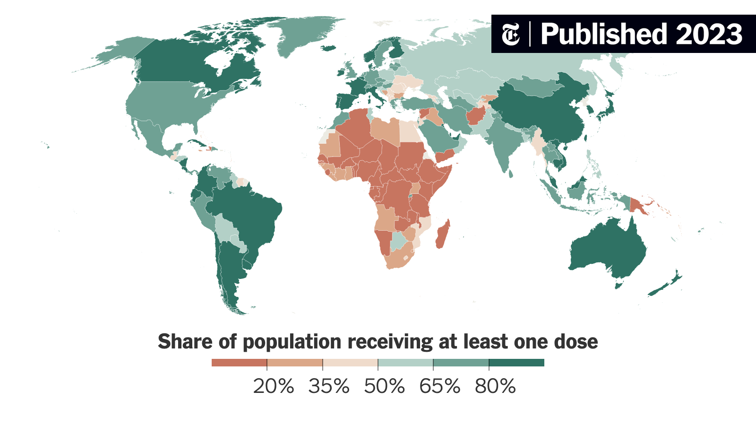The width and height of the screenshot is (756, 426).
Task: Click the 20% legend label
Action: [274, 386]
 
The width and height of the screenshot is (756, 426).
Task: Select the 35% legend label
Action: [329, 386]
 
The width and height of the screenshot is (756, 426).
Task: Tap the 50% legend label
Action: [384, 386]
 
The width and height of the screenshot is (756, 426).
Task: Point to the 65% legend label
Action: [439, 386]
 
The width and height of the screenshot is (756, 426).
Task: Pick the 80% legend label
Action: [495, 386]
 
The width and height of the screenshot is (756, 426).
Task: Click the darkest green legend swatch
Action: [516, 363]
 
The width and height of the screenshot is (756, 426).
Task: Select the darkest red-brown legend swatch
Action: [239, 363]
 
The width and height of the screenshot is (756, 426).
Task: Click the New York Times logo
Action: [511, 34]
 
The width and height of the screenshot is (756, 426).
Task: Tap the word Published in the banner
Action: [604, 34]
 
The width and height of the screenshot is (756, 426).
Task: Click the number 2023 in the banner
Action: [709, 34]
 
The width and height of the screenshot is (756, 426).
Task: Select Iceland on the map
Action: [327, 48]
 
